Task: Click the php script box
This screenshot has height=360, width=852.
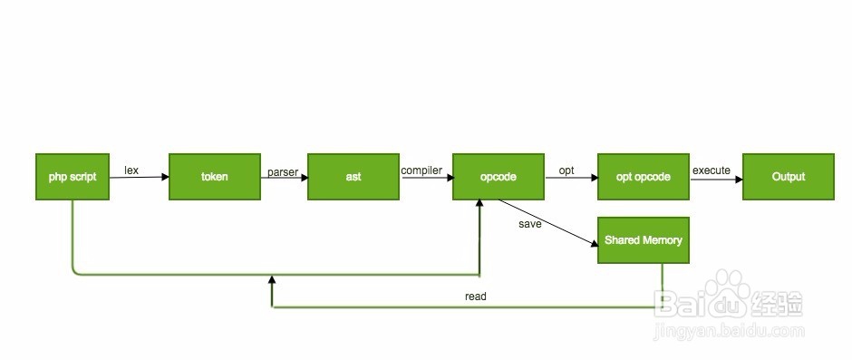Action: click(73, 177)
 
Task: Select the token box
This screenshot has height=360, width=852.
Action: click(215, 177)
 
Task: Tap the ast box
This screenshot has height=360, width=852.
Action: click(353, 177)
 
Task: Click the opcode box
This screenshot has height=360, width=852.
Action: click(499, 177)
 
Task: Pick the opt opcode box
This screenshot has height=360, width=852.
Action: click(644, 177)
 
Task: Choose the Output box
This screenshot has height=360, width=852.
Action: click(789, 177)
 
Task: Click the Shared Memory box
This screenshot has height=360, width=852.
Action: click(644, 240)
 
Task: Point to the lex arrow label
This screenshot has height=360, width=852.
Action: click(131, 170)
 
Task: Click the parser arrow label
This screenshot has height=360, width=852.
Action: click(283, 171)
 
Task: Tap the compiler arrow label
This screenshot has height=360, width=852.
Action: click(421, 170)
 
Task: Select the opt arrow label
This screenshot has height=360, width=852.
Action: click(566, 170)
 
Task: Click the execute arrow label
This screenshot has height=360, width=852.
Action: click(712, 170)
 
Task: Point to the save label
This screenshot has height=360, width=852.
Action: click(530, 223)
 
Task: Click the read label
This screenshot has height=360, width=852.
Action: click(475, 297)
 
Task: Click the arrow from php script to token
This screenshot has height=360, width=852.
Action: click(140, 177)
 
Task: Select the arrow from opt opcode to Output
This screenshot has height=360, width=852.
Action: click(716, 178)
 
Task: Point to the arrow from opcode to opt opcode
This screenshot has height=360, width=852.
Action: click(571, 178)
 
